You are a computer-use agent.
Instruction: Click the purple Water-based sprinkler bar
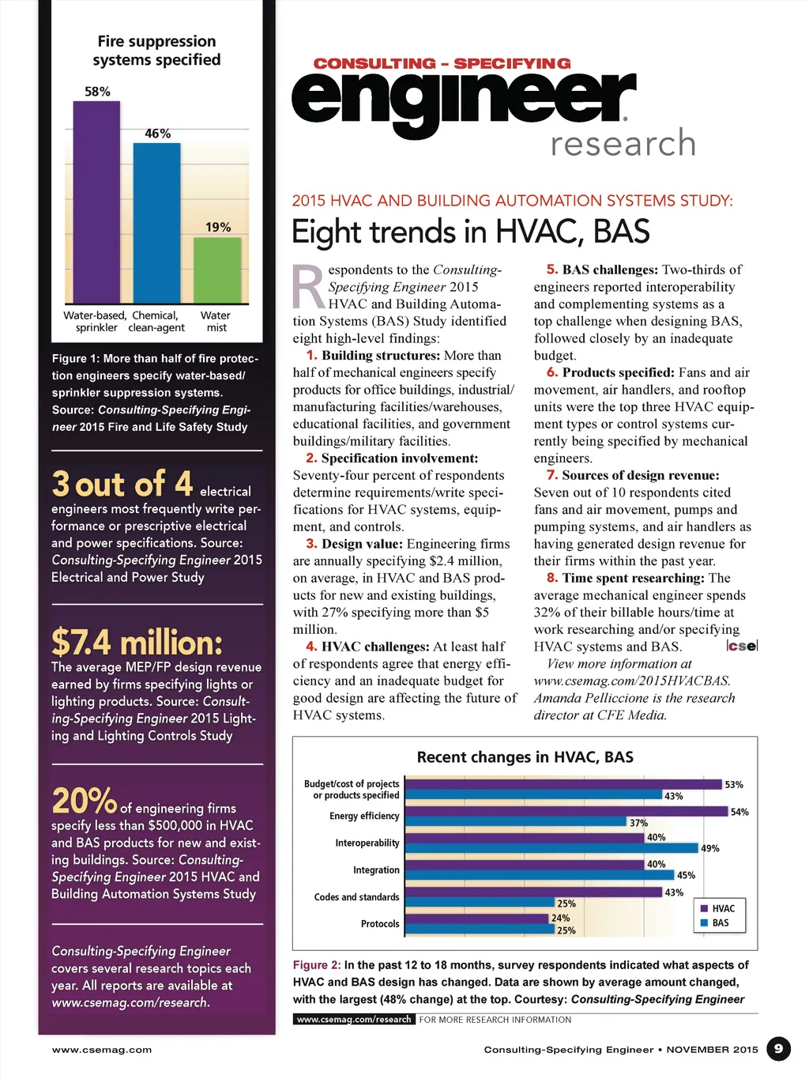(96, 202)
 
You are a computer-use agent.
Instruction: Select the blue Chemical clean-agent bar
(156, 223)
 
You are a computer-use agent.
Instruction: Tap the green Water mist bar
(217, 270)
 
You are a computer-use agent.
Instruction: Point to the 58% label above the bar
(97, 92)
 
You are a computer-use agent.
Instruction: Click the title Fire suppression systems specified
(156, 51)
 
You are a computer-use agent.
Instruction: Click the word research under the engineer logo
(623, 144)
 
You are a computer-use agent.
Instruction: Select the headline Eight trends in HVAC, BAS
(470, 232)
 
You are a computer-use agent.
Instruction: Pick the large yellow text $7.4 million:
(137, 643)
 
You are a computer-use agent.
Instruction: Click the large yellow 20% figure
(84, 801)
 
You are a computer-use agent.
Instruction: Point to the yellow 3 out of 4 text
(122, 484)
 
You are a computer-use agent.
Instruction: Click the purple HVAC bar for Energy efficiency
(566, 812)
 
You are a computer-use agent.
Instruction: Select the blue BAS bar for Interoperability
(551, 848)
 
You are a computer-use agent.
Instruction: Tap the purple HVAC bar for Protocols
(477, 919)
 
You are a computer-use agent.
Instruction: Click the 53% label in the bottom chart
(734, 785)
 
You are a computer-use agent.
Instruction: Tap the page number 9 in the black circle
(778, 1049)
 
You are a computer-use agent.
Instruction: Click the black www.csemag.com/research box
(354, 1020)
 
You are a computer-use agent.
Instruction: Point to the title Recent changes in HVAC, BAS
(525, 757)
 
